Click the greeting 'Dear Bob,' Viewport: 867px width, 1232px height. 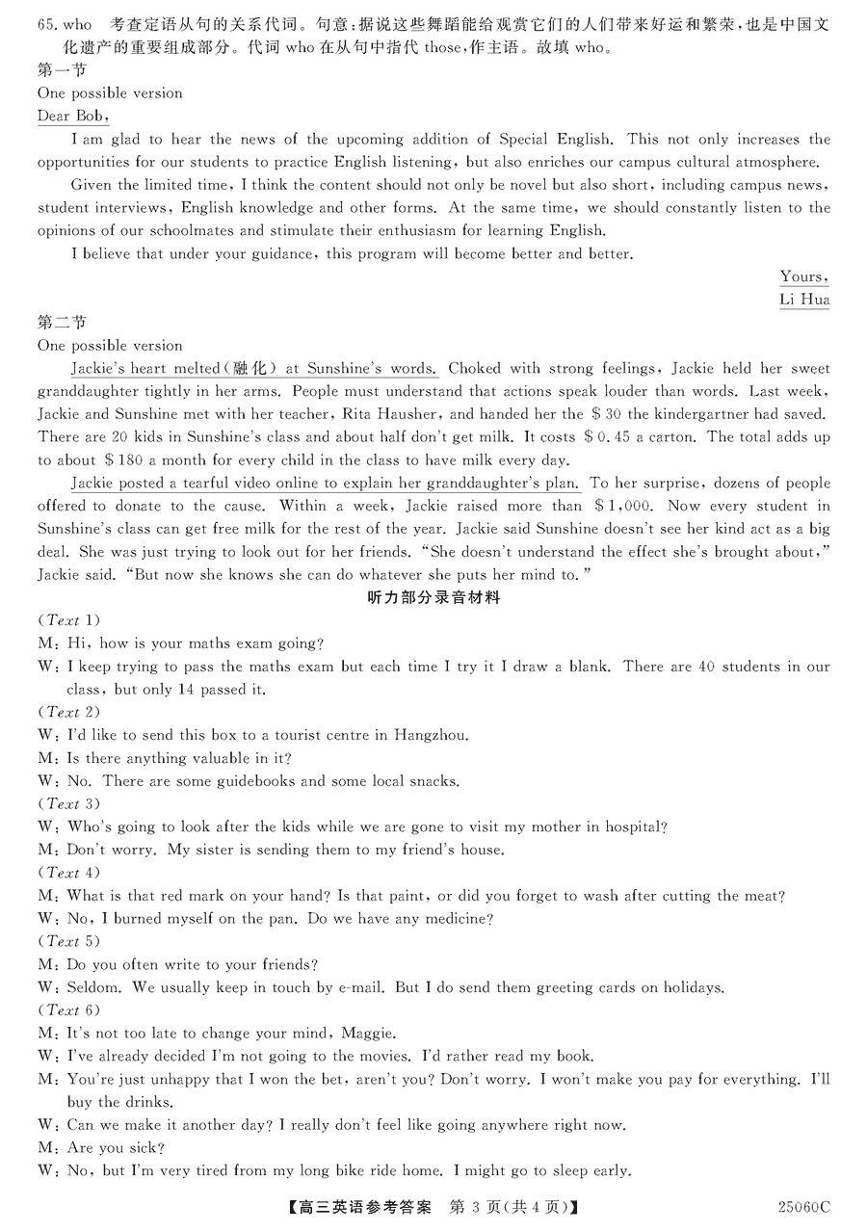(x=72, y=117)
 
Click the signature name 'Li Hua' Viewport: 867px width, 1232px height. (x=803, y=300)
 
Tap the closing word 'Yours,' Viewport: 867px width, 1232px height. (x=803, y=276)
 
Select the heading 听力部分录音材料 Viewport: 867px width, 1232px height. (x=433, y=597)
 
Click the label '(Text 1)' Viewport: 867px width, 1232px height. (x=68, y=620)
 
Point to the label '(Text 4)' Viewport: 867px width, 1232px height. (x=68, y=873)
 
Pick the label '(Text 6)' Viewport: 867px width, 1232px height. (x=68, y=1010)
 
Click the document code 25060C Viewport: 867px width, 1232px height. (x=803, y=1207)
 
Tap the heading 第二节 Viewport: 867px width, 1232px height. (x=62, y=323)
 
